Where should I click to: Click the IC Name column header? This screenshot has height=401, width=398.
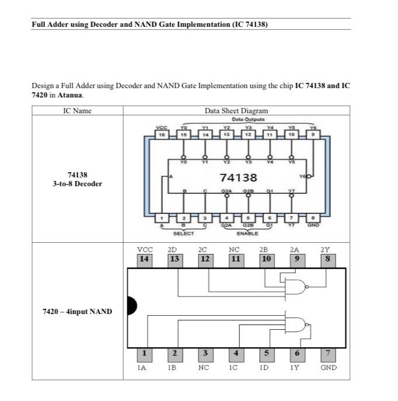coord(77,110)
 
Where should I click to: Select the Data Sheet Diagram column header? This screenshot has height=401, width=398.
coord(236,110)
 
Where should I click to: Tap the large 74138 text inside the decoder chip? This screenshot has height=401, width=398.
coord(238,176)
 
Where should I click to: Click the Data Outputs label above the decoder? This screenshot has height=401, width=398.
coord(237,119)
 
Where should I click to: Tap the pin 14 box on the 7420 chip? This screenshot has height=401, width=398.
coord(144,258)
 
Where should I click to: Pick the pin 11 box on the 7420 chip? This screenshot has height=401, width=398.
coord(236,258)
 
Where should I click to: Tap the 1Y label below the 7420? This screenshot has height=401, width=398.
coord(297,368)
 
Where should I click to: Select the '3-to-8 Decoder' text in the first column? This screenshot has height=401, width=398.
coord(78,184)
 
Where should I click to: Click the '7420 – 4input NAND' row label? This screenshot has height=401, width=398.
coord(77,312)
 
